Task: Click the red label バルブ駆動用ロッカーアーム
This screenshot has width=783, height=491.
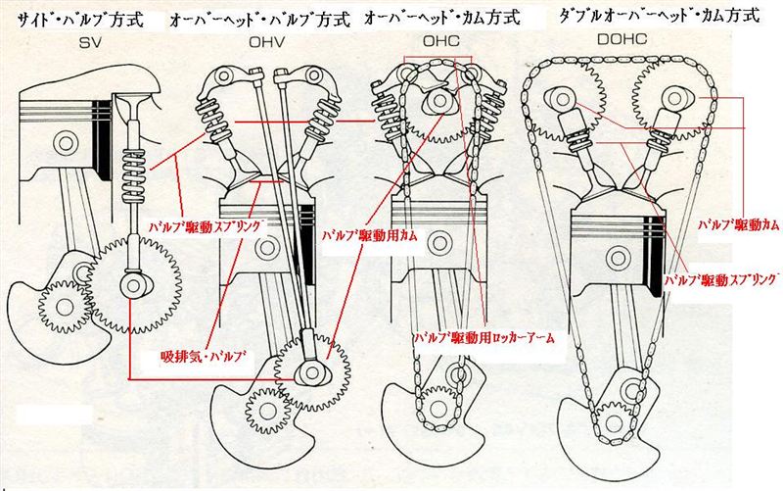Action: point(483,337)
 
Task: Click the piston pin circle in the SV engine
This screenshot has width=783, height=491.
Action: point(66,144)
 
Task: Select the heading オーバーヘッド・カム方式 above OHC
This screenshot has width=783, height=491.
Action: point(441,18)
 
